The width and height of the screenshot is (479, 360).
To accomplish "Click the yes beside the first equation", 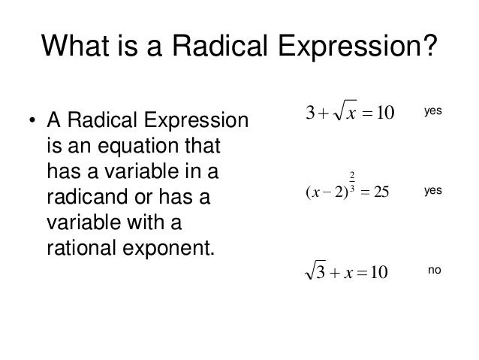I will pyautogui.click(x=432, y=111).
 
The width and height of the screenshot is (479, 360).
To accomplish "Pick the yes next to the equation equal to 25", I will pyautogui.click(x=432, y=192).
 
